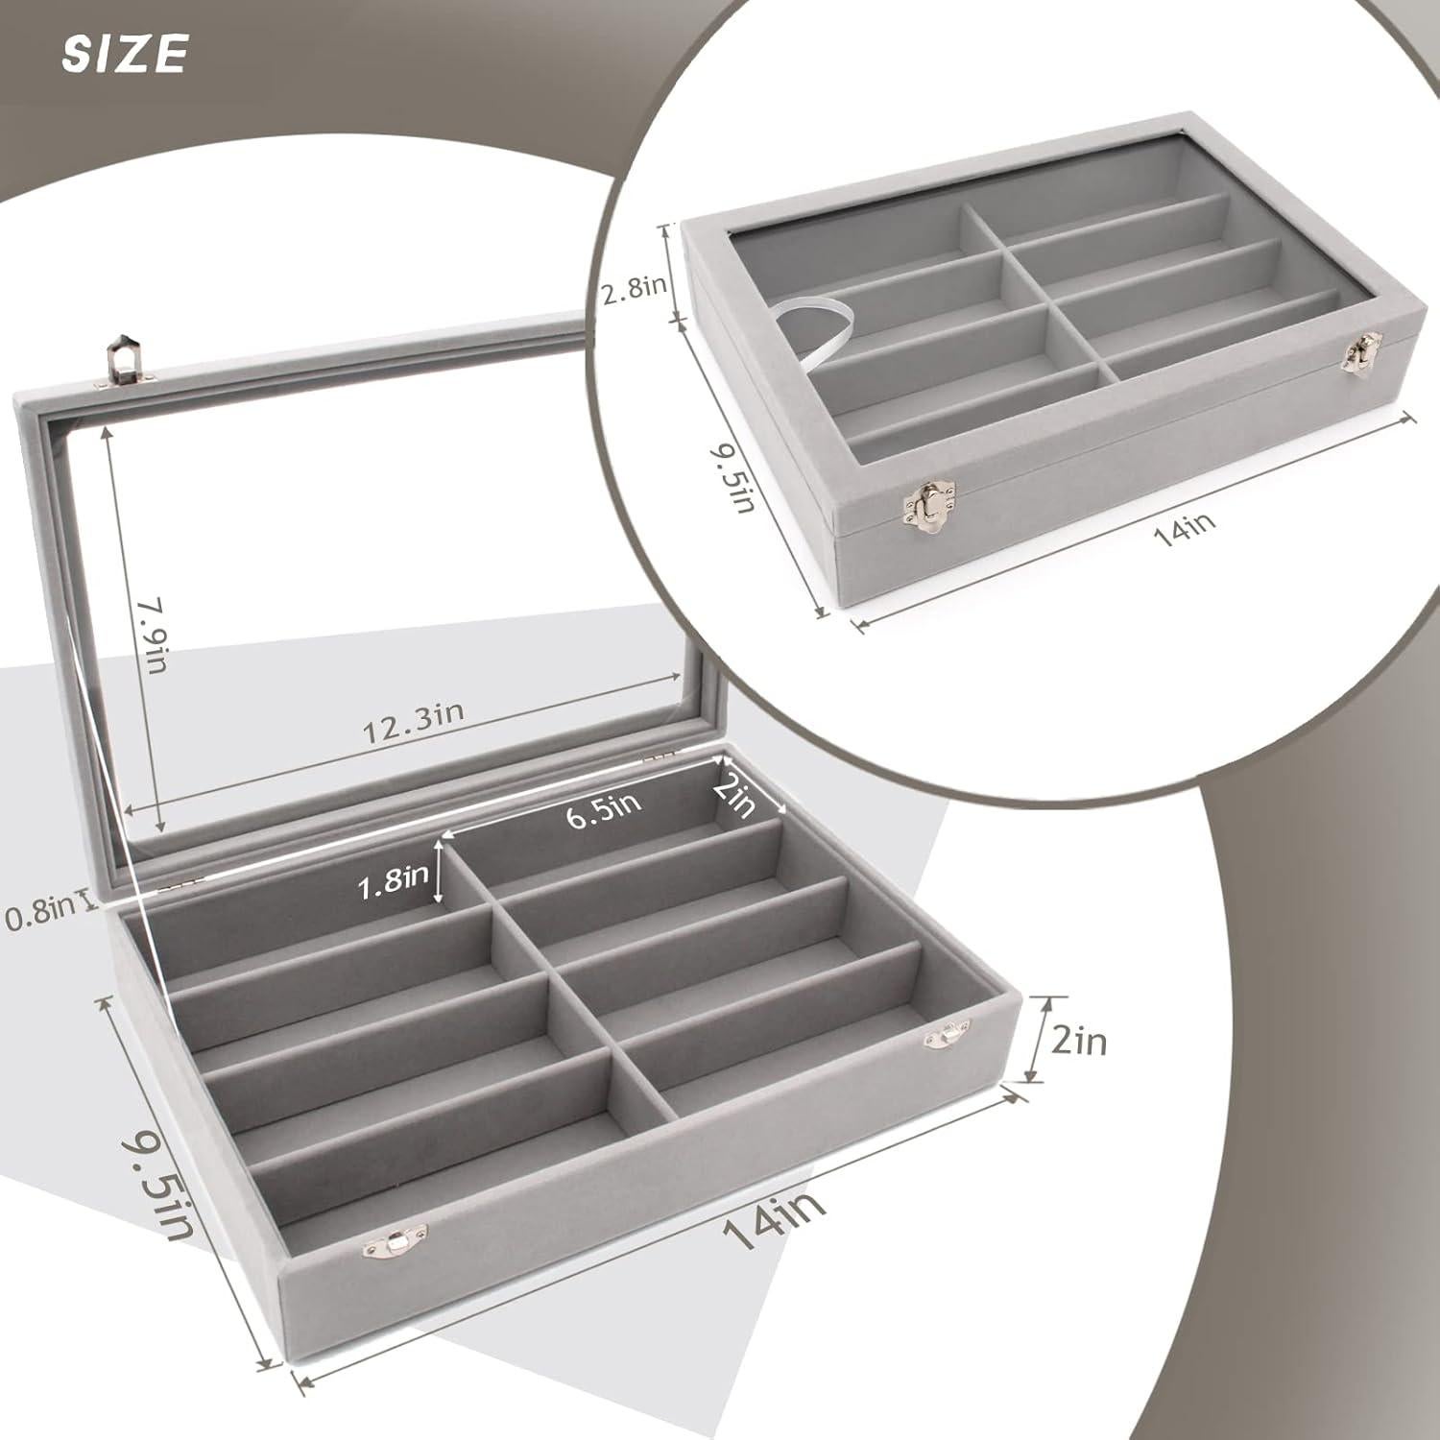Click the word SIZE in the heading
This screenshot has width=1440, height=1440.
tap(124, 54)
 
